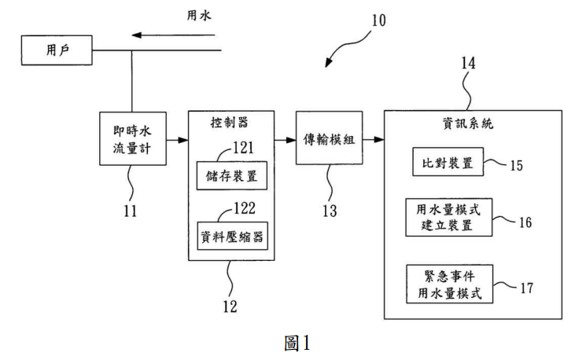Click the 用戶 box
pyautogui.click(x=57, y=50)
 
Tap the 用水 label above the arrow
pyautogui.click(x=199, y=15)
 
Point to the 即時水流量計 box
pyautogui.click(x=133, y=138)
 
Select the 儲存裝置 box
pyautogui.click(x=232, y=176)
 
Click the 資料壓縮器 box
pyautogui.click(x=232, y=236)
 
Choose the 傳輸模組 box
pyautogui.click(x=330, y=138)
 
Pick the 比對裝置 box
pyautogui.click(x=448, y=162)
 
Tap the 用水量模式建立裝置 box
pyautogui.click(x=449, y=217)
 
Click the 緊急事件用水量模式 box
pyautogui.click(x=450, y=284)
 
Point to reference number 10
pyautogui.click(x=378, y=20)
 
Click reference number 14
pyautogui.click(x=468, y=64)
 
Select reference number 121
pyautogui.click(x=243, y=148)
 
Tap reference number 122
pyautogui.click(x=245, y=208)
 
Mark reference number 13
pyautogui.click(x=330, y=211)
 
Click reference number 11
pyautogui.click(x=131, y=211)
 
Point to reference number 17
pyautogui.click(x=527, y=288)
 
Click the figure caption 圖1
pyautogui.click(x=297, y=343)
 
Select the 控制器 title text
pyautogui.click(x=230, y=123)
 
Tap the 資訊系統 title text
pyautogui.click(x=468, y=123)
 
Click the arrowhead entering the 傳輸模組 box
pyautogui.click(x=291, y=140)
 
